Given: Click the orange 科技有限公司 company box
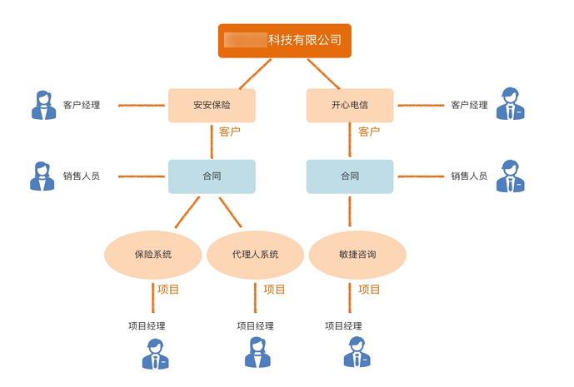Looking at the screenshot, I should pyautogui.click(x=285, y=41).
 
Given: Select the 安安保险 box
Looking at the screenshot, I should pyautogui.click(x=212, y=106).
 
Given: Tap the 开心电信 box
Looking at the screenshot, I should pyautogui.click(x=349, y=106).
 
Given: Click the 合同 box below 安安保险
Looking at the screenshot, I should pyautogui.click(x=212, y=176).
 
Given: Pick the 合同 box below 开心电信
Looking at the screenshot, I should pyautogui.click(x=349, y=176).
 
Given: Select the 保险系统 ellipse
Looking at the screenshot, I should pyautogui.click(x=153, y=255).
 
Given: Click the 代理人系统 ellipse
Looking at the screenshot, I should pyautogui.click(x=255, y=255).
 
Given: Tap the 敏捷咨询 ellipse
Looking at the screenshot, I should pyautogui.click(x=357, y=255).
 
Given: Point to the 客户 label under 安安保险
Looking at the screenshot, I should pyautogui.click(x=230, y=131).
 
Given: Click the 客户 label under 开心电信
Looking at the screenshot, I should pyautogui.click(x=368, y=131).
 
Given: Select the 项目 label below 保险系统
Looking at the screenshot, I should pyautogui.click(x=168, y=290).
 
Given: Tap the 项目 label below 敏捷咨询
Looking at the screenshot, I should pyautogui.click(x=369, y=290).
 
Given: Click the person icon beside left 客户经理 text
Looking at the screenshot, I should pyautogui.click(x=43, y=105).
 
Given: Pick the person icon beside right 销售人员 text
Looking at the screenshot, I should pyautogui.click(x=510, y=176).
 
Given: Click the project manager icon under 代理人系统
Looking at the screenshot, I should pyautogui.click(x=257, y=353).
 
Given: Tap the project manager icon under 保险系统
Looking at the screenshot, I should pyautogui.click(x=156, y=354).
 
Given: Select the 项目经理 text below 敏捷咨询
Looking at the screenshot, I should pyautogui.click(x=343, y=326).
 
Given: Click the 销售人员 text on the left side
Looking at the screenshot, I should pyautogui.click(x=82, y=176).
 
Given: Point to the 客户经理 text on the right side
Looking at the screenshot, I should pyautogui.click(x=469, y=106).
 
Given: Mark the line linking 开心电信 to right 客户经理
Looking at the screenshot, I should pyautogui.click(x=421, y=106).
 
